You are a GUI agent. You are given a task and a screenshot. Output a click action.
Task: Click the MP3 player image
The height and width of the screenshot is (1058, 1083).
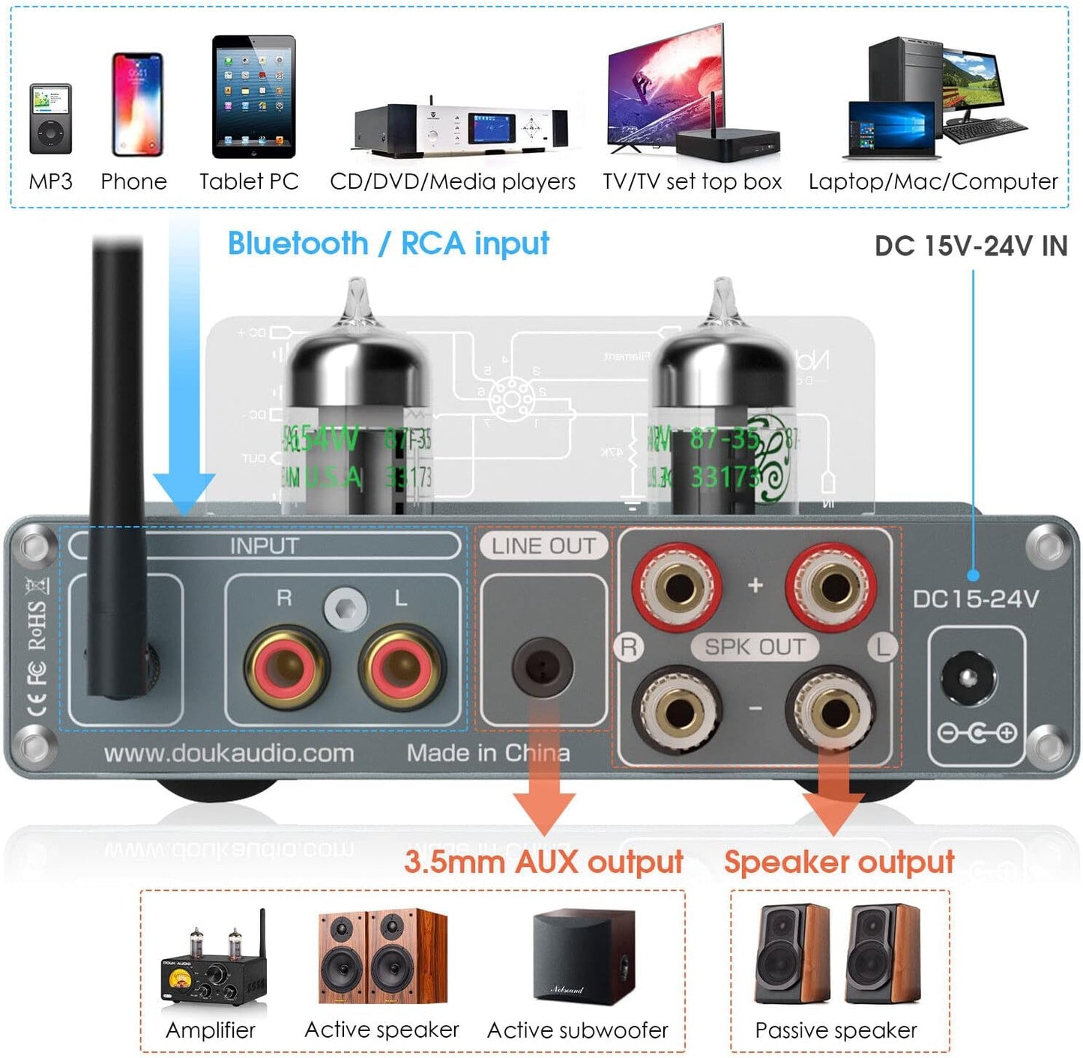(x=50, y=118)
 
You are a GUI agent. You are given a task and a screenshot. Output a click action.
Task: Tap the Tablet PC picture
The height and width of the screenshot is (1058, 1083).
(x=254, y=97)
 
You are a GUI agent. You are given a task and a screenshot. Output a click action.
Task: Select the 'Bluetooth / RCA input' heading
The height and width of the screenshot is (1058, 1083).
(x=387, y=244)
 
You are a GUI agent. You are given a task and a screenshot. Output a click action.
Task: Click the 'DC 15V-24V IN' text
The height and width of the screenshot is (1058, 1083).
(x=971, y=246)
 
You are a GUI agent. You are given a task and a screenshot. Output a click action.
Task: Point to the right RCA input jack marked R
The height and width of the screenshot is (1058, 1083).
(x=286, y=666)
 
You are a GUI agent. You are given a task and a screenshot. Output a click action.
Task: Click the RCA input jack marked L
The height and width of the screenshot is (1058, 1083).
(x=402, y=666)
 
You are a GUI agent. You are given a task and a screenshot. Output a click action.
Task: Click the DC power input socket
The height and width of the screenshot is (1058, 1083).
(x=968, y=678)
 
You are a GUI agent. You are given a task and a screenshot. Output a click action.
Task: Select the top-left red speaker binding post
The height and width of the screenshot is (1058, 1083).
(x=678, y=586)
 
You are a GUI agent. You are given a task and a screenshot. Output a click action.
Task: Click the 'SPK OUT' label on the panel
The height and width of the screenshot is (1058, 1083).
(x=755, y=647)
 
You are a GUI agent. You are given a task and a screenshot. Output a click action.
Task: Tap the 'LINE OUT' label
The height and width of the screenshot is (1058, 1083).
(x=543, y=546)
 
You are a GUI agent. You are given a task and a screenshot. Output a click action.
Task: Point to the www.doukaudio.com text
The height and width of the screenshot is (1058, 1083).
(x=229, y=753)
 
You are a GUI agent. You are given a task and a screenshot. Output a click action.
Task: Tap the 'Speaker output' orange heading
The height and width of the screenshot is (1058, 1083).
(x=839, y=862)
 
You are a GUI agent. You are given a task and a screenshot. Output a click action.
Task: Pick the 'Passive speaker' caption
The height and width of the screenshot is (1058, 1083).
(x=836, y=1030)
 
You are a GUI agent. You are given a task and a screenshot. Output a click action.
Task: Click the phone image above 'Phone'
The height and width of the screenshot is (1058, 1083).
(x=137, y=104)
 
